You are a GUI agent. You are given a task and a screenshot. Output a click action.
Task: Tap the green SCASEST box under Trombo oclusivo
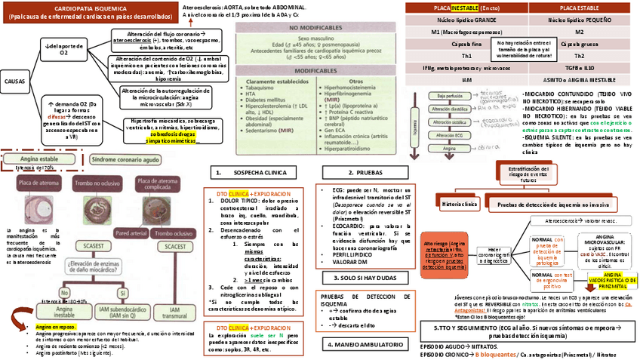point(120,246)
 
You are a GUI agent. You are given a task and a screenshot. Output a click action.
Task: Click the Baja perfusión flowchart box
point(446,97)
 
